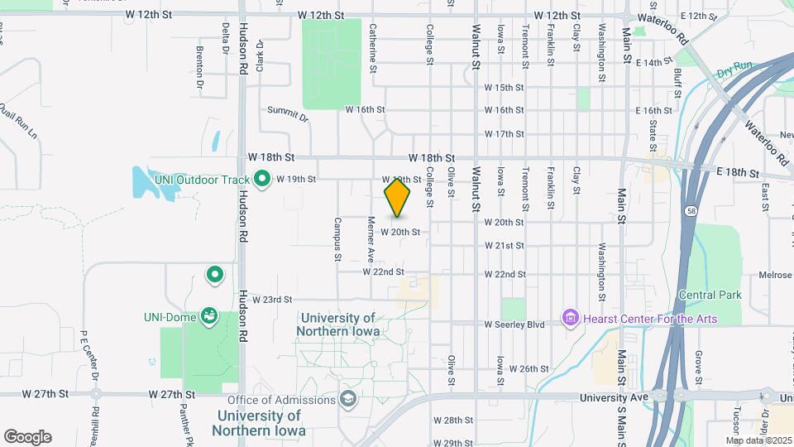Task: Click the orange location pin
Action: [x=398, y=197]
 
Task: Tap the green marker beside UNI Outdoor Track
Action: [x=262, y=178]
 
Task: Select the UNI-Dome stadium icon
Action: [x=209, y=315]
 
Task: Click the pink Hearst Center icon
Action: [x=570, y=318]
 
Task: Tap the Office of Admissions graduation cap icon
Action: [x=347, y=401]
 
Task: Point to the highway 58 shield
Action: [x=689, y=212]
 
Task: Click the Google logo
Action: [x=27, y=437]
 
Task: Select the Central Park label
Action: [x=710, y=295]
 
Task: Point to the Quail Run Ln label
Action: [x=19, y=120]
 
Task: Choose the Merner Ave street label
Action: [x=371, y=238]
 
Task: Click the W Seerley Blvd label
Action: [x=514, y=324]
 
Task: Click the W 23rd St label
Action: [x=273, y=299]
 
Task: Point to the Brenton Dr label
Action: [x=200, y=67]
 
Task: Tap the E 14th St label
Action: [x=650, y=62]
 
